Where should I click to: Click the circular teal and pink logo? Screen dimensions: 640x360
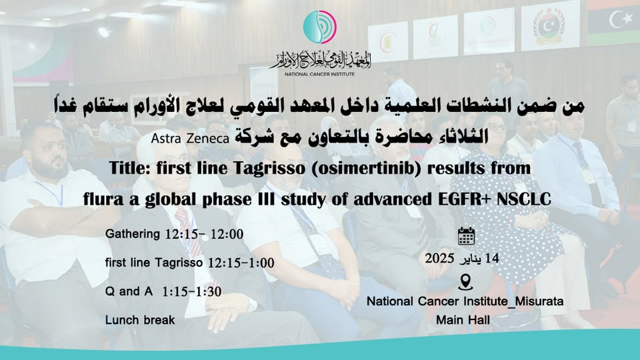(x=320, y=27)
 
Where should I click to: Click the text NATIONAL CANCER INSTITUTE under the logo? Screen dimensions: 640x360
(x=319, y=74)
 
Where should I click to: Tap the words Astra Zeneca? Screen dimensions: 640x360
(x=190, y=139)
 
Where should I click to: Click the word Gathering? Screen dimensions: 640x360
(x=133, y=234)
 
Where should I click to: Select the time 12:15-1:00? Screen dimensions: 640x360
(x=241, y=263)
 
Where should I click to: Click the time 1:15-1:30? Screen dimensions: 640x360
(x=192, y=291)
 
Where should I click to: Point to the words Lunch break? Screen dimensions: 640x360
(x=140, y=320)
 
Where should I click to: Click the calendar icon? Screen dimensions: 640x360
(x=466, y=236)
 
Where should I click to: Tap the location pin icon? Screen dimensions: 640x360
(x=465, y=282)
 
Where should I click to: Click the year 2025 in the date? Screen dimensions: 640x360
(x=439, y=259)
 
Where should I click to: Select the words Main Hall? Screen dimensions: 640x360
(x=463, y=320)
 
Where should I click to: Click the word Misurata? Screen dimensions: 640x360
(x=539, y=301)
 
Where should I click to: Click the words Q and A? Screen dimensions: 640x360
(x=129, y=291)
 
